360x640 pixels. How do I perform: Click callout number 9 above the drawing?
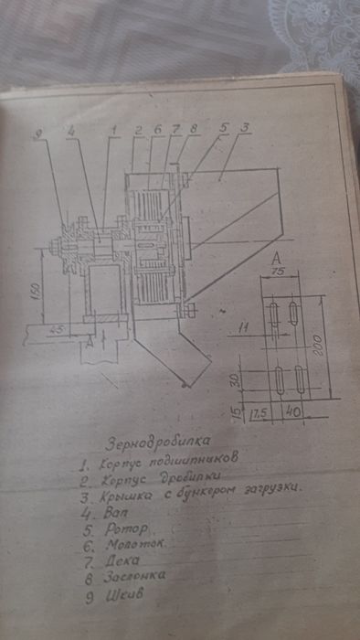39,134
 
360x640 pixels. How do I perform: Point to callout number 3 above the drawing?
245,130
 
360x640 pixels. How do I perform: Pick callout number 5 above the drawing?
224,130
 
